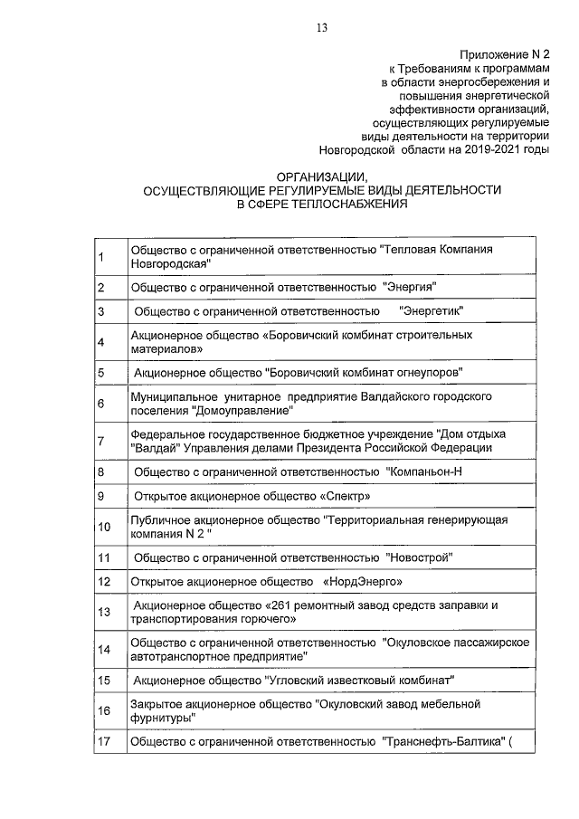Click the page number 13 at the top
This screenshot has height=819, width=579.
pos(321,26)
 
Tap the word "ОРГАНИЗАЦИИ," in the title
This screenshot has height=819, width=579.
pos(321,178)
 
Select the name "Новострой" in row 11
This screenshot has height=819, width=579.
pos(419,557)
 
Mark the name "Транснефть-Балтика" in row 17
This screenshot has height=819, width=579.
pos(442,742)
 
